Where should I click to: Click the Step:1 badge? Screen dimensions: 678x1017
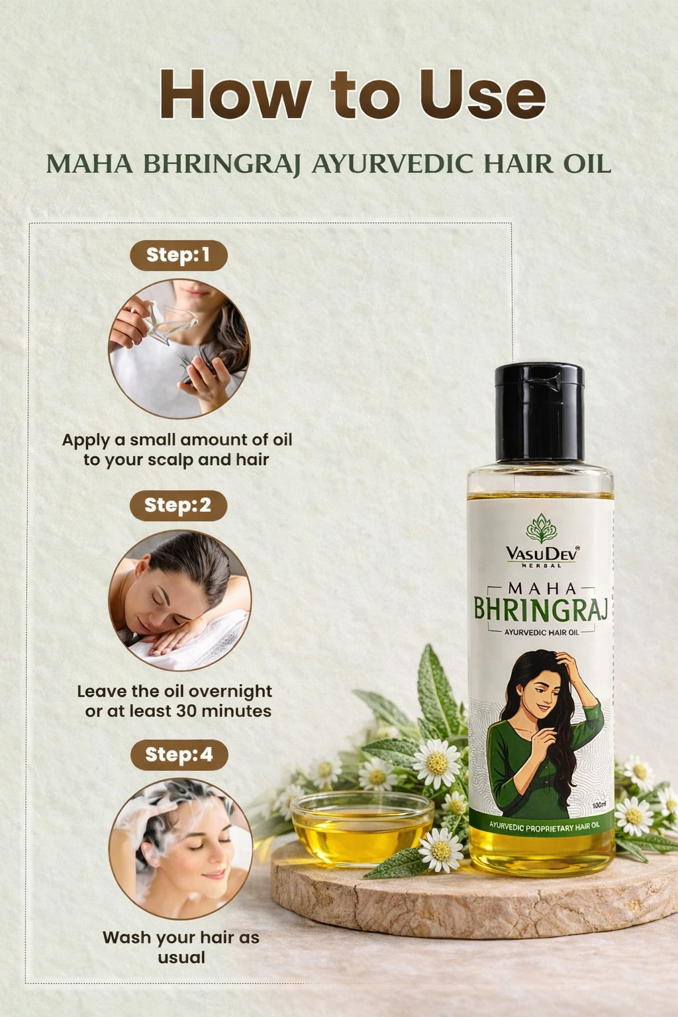pos(179,256)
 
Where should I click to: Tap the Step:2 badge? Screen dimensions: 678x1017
pos(179,505)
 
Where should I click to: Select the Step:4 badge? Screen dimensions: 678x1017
pos(179,755)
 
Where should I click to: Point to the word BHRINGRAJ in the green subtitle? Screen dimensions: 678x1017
pos(222,164)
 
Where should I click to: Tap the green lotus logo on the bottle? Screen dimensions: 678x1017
pos(542,528)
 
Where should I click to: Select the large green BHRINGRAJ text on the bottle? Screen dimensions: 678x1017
pos(541,609)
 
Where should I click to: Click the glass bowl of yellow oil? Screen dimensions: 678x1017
pos(362,829)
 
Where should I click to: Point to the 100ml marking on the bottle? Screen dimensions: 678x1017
pos(599,804)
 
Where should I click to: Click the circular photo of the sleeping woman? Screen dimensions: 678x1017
pos(179,601)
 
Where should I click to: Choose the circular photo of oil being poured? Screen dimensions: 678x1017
pos(179,349)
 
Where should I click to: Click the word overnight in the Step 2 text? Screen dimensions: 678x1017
pos(230,692)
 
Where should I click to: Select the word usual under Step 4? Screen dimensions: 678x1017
pos(181,957)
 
